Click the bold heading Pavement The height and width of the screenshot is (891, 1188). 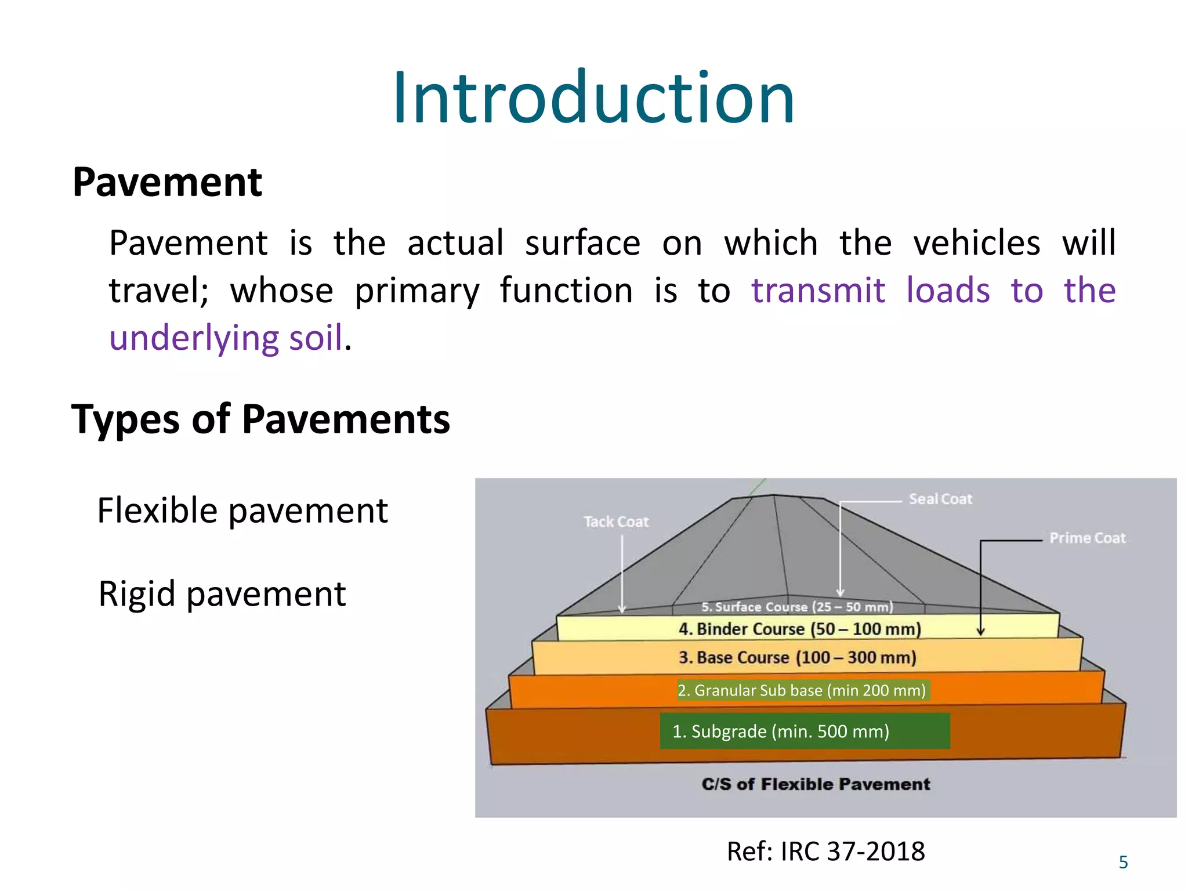pyautogui.click(x=167, y=183)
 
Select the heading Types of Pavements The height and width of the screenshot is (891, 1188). pyautogui.click(x=260, y=419)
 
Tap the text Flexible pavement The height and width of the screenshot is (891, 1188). pyautogui.click(x=242, y=511)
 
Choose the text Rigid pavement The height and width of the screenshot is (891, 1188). pyautogui.click(x=222, y=594)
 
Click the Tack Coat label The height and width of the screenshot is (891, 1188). pyautogui.click(x=616, y=522)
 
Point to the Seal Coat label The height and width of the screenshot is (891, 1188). pyautogui.click(x=940, y=499)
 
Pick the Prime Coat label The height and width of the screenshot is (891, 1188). pyautogui.click(x=1088, y=538)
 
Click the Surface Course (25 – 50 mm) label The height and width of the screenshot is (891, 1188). pyautogui.click(x=797, y=607)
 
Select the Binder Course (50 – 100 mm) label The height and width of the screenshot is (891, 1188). pyautogui.click(x=800, y=629)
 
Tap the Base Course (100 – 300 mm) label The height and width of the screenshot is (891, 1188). pyautogui.click(x=798, y=658)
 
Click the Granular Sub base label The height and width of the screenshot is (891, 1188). pyautogui.click(x=802, y=690)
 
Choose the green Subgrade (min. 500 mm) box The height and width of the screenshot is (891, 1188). pyautogui.click(x=805, y=731)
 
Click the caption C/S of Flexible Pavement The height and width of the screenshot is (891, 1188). pyautogui.click(x=816, y=784)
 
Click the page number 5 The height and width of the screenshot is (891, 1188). pyautogui.click(x=1123, y=863)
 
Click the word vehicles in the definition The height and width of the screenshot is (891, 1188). pyautogui.click(x=977, y=243)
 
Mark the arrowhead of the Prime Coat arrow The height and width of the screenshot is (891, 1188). pyautogui.click(x=980, y=631)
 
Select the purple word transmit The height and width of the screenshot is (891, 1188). pyautogui.click(x=818, y=291)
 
